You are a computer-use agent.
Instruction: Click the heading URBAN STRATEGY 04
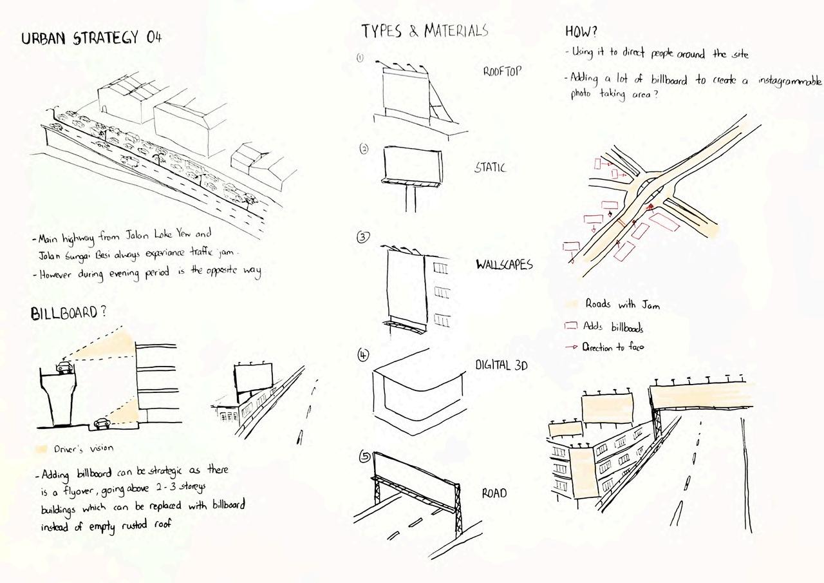pyautogui.click(x=91, y=37)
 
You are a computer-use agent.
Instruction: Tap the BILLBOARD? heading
pyautogui.click(x=68, y=313)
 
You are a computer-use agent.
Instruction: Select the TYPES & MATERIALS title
pyautogui.click(x=424, y=30)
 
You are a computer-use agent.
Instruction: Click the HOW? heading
pyautogui.click(x=581, y=31)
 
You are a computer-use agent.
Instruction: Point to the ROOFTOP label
pyautogui.click(x=502, y=72)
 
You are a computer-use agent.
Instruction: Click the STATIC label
pyautogui.click(x=490, y=167)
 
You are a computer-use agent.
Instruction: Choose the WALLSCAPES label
pyautogui.click(x=504, y=265)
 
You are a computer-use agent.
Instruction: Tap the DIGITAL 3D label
pyautogui.click(x=501, y=365)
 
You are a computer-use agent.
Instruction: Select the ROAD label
pyautogui.click(x=494, y=493)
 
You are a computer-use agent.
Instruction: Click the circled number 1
pyautogui.click(x=360, y=57)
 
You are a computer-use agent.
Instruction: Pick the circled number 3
pyautogui.click(x=363, y=237)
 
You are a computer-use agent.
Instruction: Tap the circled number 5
pyautogui.click(x=365, y=457)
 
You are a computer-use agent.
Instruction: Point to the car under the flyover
pyautogui.click(x=102, y=423)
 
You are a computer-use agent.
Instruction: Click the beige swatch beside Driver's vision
pyautogui.click(x=42, y=448)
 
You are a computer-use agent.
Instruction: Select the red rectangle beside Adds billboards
pyautogui.click(x=570, y=326)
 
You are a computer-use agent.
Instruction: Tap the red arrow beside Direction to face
pyautogui.click(x=571, y=347)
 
